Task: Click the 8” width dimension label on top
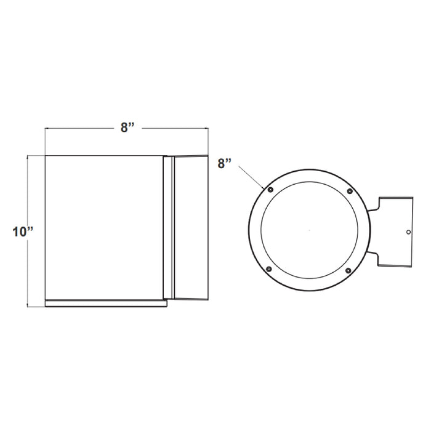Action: coord(127,127)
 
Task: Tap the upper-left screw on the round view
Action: coord(269,191)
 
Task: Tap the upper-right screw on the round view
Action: coord(350,191)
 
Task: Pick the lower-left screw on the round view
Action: coord(269,270)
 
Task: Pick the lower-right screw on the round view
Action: coord(349,270)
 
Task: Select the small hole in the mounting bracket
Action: coord(408,232)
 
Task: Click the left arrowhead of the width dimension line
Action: coord(47,129)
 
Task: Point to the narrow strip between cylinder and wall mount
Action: coord(167,228)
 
